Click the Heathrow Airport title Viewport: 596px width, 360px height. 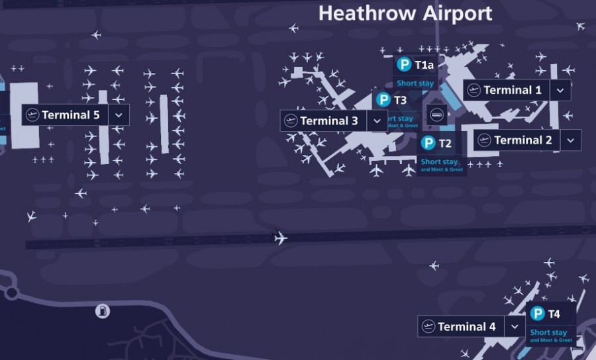point(405,13)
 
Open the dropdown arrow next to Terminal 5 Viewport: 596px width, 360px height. point(119,115)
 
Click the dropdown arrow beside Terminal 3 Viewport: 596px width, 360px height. point(377,121)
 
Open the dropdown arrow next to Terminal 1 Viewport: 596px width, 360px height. point(560,90)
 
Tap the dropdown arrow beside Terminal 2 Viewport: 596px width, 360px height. point(570,140)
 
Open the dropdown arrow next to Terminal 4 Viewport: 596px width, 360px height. point(514,327)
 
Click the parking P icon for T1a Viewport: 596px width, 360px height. point(404,65)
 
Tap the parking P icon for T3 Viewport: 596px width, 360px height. point(383,100)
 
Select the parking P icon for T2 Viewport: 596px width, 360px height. point(428,143)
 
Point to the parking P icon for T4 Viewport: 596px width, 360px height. point(538,314)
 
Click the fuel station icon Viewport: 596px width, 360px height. point(102,310)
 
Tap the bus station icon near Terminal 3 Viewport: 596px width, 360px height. point(436,114)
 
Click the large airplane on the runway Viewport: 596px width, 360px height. point(281,238)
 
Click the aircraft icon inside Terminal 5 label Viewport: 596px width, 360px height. point(32,115)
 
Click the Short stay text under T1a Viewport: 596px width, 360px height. point(415,84)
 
